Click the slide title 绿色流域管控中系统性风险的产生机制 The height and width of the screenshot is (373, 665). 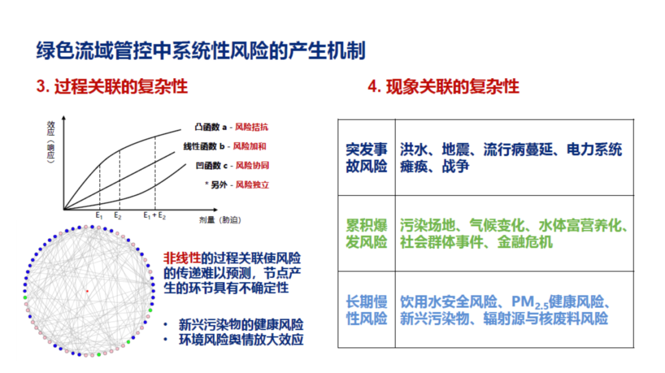200,50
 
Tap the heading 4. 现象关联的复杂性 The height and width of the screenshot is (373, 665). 443,86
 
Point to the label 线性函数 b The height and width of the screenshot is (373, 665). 205,146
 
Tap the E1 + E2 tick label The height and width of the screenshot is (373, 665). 155,216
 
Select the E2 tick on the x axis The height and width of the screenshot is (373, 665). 118,216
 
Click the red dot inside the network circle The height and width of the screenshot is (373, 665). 87,291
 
